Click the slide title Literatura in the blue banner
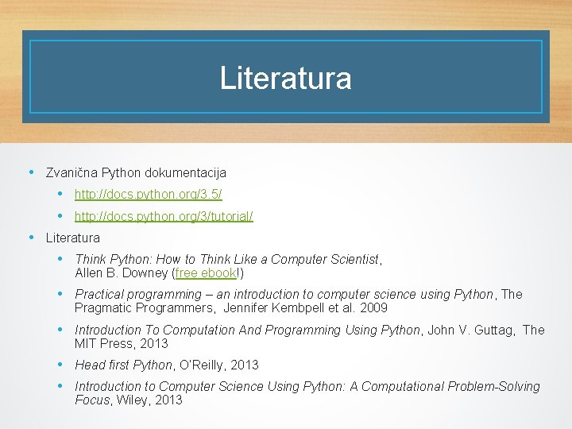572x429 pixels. pyautogui.click(x=285, y=78)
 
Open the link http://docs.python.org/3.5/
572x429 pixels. pyautogui.click(x=148, y=194)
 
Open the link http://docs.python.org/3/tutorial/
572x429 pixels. pyautogui.click(x=164, y=216)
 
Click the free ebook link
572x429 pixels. pyautogui.click(x=205, y=272)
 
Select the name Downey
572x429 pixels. pyautogui.click(x=146, y=272)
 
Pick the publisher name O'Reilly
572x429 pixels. pyautogui.click(x=200, y=365)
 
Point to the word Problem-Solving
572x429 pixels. pyautogui.click(x=493, y=386)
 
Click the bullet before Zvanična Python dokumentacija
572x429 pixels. pyautogui.click(x=31, y=172)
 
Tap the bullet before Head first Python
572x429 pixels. pyautogui.click(x=60, y=365)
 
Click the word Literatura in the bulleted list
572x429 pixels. pyautogui.click(x=73, y=238)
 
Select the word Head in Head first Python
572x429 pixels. pyautogui.click(x=88, y=365)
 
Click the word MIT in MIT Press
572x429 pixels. pyautogui.click(x=86, y=343)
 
